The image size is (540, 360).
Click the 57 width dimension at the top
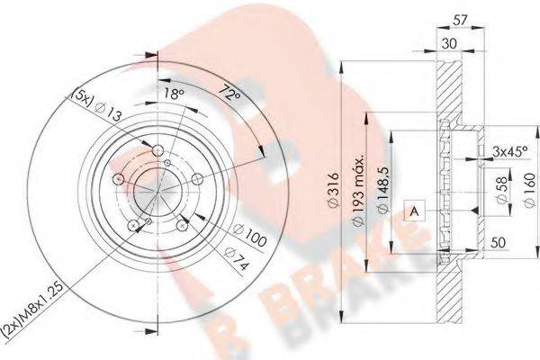click(460, 21)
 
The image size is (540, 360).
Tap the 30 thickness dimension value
click(449, 43)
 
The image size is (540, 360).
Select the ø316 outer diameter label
click(333, 190)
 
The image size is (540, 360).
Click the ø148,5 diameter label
click(383, 190)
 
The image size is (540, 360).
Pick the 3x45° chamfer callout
click(509, 151)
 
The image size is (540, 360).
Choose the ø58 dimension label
click(503, 190)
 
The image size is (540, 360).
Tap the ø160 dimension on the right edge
click(531, 190)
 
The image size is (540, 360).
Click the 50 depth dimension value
click(498, 242)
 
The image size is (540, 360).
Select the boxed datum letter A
click(415, 211)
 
